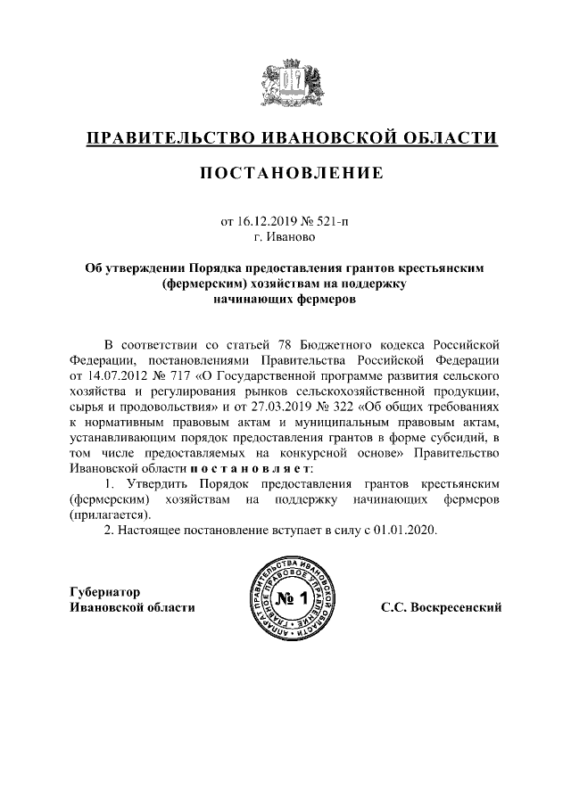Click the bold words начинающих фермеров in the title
click(285, 300)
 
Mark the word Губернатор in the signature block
click(105, 592)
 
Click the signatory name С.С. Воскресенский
click(441, 607)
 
